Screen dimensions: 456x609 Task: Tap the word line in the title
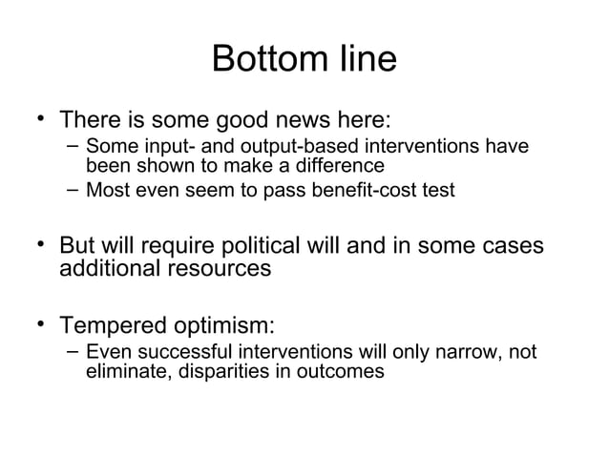pos(363,60)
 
